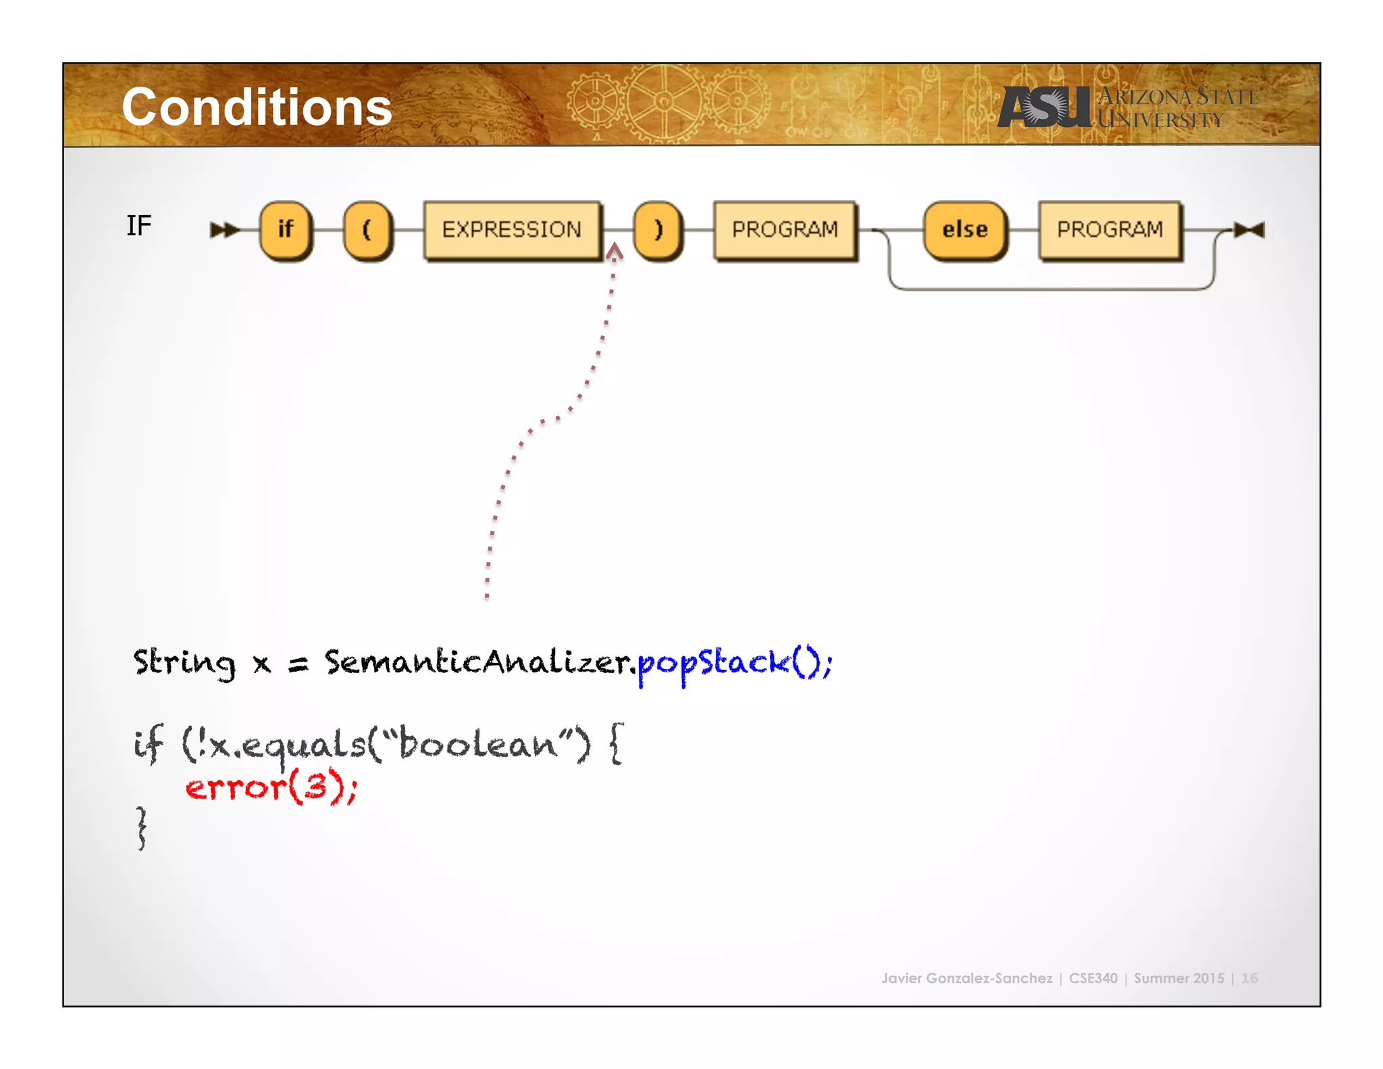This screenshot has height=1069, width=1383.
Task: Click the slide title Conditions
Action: point(257,107)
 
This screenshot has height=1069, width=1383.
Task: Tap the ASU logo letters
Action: point(1043,107)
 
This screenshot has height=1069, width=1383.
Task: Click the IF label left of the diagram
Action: point(138,226)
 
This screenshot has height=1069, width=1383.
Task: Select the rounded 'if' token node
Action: point(286,230)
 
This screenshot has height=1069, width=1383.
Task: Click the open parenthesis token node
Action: point(367,230)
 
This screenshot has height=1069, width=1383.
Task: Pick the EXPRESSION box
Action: point(512,230)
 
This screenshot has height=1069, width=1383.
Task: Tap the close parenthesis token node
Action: point(658,230)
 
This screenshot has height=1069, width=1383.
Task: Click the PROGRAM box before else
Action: point(785,230)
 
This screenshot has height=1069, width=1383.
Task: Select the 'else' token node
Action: point(965,230)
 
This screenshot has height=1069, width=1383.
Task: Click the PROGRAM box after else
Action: point(1110,230)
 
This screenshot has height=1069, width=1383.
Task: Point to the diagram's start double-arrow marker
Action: point(224,230)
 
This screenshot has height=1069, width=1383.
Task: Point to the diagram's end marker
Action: point(1249,230)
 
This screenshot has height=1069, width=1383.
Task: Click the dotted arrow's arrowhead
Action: point(614,252)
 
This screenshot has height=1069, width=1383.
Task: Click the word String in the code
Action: point(184,662)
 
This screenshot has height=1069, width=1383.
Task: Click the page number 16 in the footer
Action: point(1249,978)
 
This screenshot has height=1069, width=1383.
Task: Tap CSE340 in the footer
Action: point(1093,978)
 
